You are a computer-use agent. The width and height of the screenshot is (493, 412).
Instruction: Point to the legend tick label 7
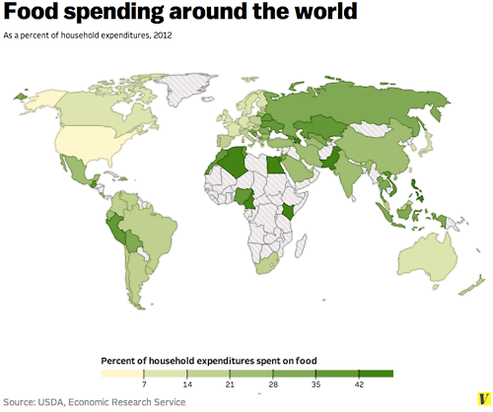(144, 385)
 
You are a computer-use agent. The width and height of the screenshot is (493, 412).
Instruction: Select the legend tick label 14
(186, 385)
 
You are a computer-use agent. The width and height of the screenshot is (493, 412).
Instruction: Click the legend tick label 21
(230, 385)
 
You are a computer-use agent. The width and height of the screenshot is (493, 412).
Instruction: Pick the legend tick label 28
(272, 385)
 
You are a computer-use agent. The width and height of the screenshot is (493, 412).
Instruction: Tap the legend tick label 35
(316, 385)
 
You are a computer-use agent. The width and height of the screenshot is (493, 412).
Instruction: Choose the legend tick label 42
(358, 385)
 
